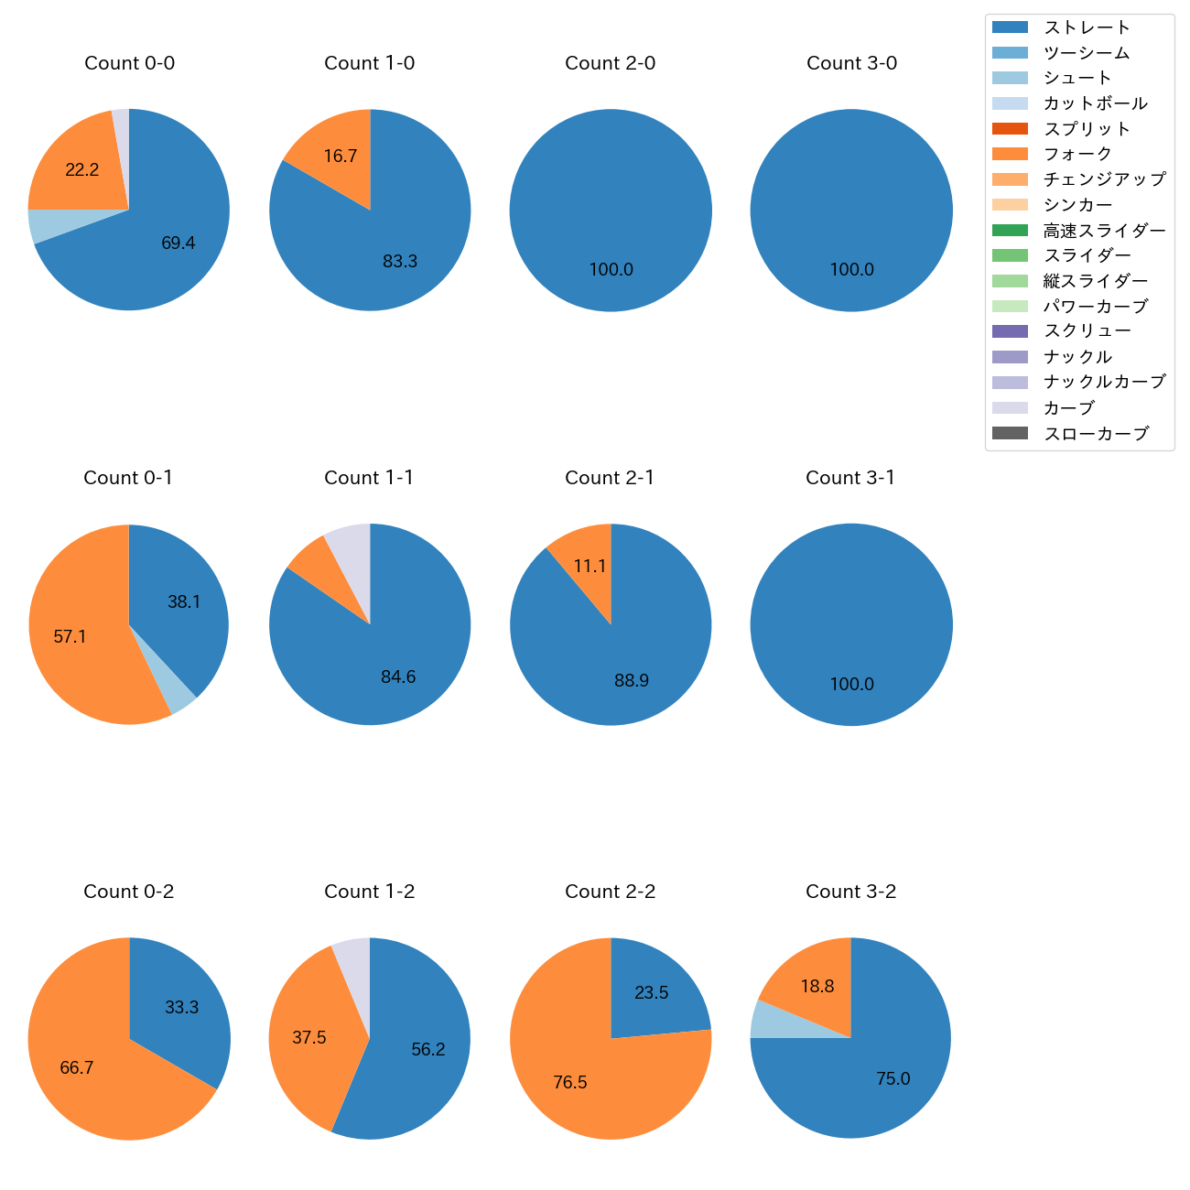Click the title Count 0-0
129,63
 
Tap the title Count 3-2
850,892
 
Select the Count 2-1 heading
610,478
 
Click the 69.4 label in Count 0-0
178,243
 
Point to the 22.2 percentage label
82,170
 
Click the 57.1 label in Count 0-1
70,636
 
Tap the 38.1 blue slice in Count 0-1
183,602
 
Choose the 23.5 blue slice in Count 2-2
652,993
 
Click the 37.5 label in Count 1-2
309,1038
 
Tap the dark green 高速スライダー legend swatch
1010,231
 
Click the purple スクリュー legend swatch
1010,331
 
